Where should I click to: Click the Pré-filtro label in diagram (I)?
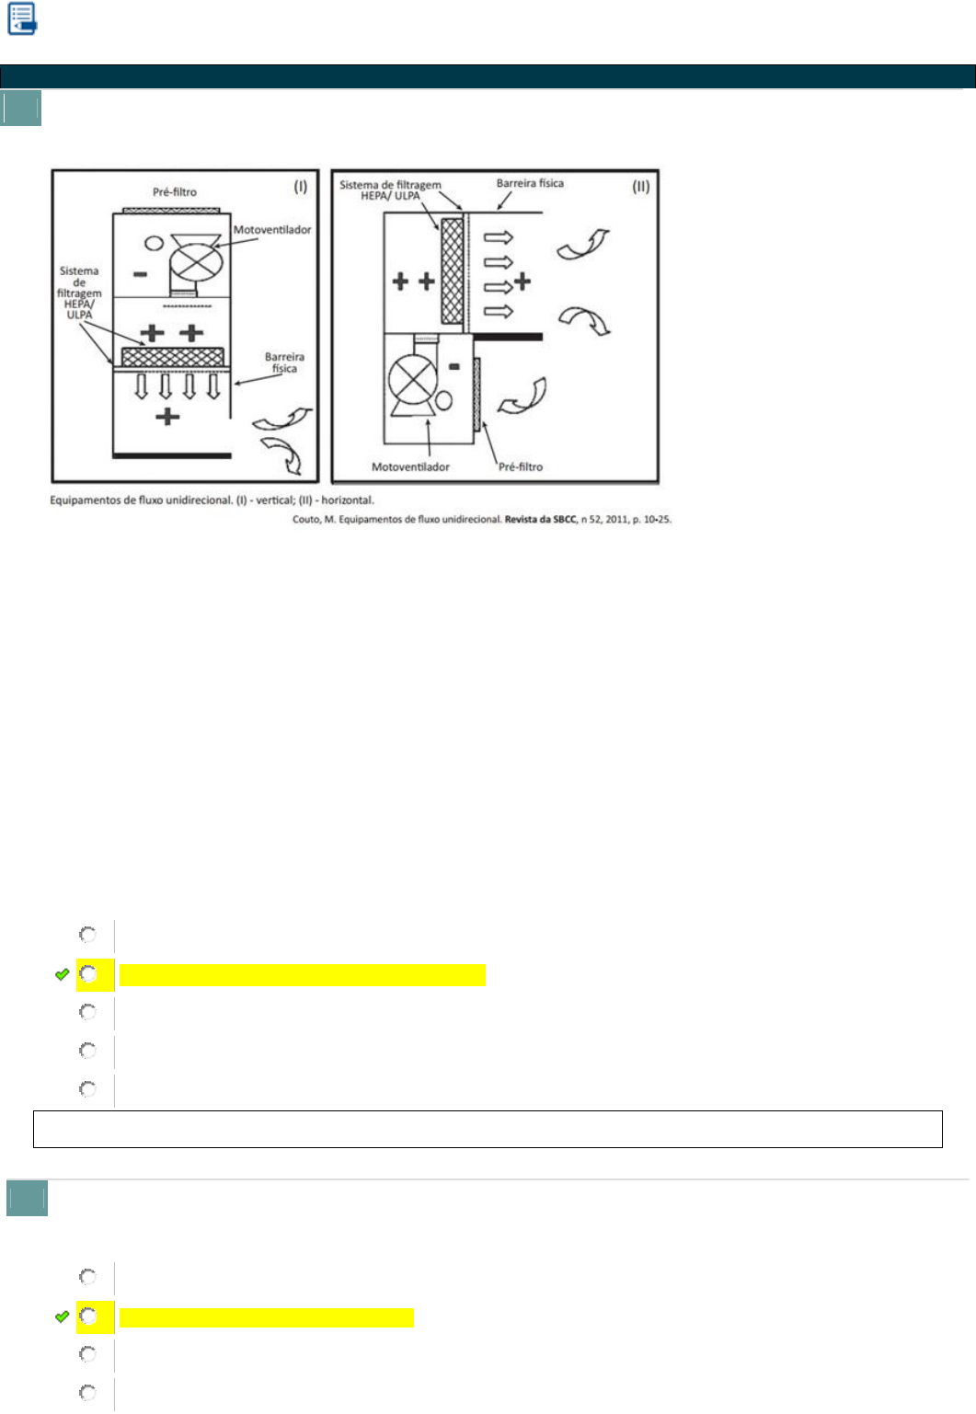click(175, 192)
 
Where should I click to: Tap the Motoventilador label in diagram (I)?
click(271, 230)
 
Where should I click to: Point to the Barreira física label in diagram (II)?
click(530, 183)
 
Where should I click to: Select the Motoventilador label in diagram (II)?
click(410, 467)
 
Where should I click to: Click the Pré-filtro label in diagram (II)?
click(521, 467)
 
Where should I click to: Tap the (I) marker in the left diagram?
click(301, 186)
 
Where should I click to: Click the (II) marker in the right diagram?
click(641, 186)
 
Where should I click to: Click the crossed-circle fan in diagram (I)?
click(197, 260)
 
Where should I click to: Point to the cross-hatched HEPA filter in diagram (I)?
click(172, 356)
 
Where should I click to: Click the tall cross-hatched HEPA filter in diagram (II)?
click(452, 270)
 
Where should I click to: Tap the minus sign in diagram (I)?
click(140, 274)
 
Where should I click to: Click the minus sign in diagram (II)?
click(454, 366)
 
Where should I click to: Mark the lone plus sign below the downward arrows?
click(167, 417)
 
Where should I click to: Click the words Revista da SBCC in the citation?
click(540, 520)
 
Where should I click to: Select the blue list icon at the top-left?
click(22, 18)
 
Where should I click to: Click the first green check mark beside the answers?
click(63, 974)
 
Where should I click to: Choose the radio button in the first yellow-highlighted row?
click(88, 973)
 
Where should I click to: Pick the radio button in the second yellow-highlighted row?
click(88, 1316)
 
